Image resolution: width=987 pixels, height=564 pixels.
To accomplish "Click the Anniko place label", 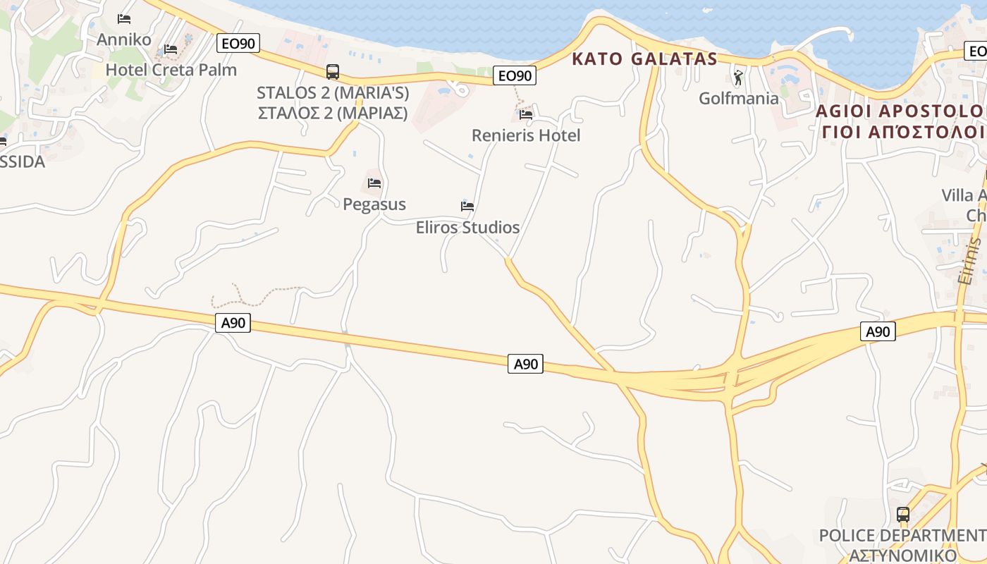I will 124,39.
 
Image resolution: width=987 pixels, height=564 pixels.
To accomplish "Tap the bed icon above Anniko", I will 125,19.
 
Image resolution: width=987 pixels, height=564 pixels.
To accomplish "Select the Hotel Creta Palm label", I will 171,70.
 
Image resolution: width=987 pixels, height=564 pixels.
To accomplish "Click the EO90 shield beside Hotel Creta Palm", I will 238,44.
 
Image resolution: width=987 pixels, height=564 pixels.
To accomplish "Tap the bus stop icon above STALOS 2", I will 332,71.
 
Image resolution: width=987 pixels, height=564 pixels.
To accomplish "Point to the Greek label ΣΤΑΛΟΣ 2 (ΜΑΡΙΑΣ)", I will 333,113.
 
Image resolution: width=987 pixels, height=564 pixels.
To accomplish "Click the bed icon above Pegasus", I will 374,183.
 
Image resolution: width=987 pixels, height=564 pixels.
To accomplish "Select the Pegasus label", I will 374,204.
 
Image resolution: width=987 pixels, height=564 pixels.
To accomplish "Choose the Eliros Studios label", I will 467,227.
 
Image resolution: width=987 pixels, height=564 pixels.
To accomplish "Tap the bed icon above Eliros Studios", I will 467,206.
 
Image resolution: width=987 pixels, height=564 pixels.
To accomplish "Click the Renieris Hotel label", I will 526,135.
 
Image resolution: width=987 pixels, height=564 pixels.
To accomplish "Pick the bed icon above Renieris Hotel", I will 526,114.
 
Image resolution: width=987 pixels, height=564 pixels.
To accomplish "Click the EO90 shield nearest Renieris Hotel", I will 515,75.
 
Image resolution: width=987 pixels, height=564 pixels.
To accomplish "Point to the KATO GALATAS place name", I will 644,59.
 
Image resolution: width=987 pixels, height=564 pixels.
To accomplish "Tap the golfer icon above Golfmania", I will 739,78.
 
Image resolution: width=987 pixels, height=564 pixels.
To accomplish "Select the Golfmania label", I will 739,98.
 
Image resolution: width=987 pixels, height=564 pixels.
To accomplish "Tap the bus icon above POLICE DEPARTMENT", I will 903,515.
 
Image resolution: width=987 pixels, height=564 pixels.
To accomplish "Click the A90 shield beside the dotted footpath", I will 233,324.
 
